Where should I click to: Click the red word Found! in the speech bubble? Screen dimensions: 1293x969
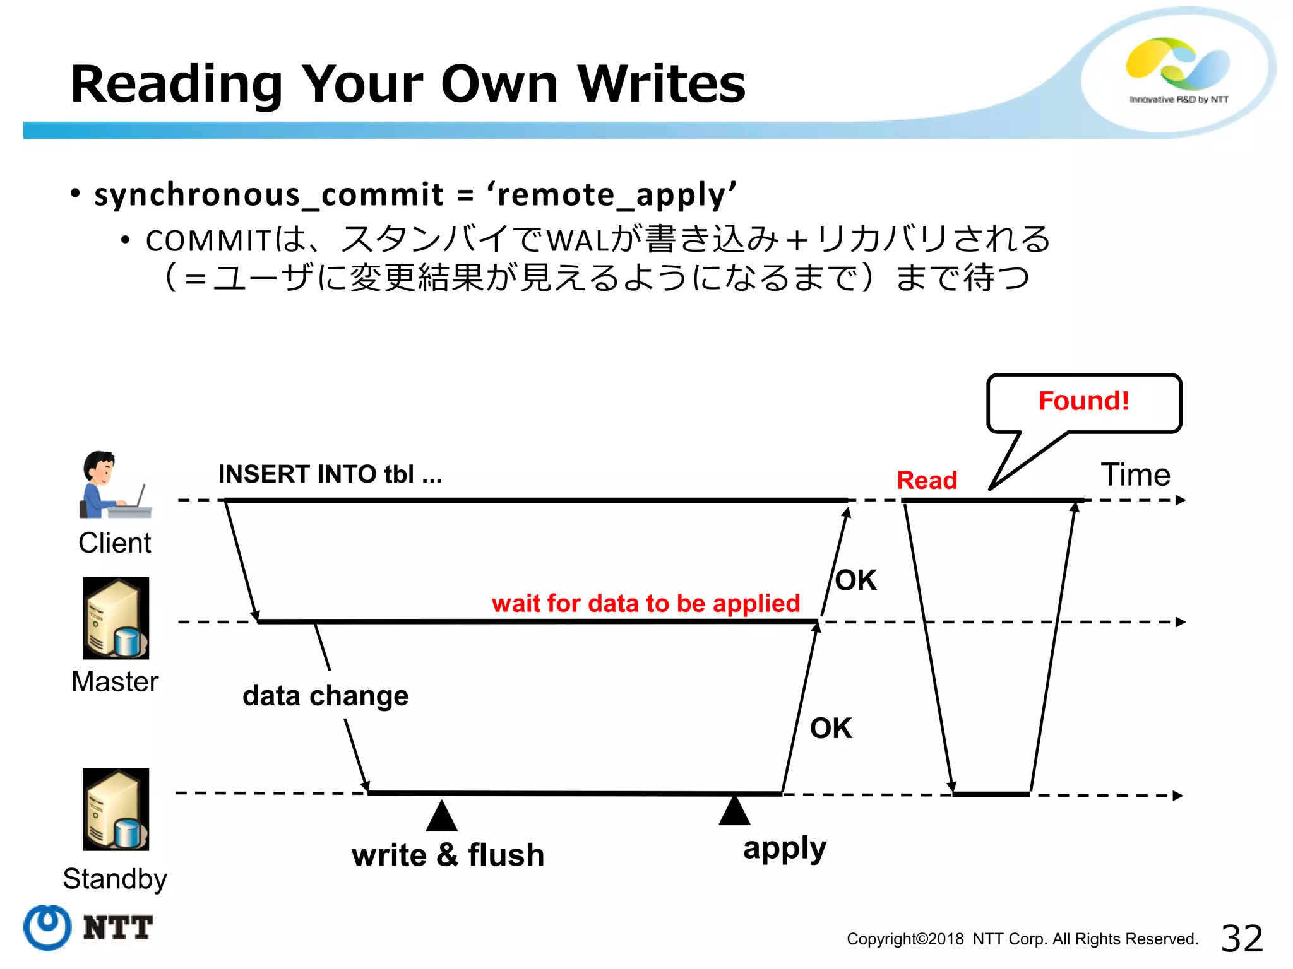(x=1083, y=401)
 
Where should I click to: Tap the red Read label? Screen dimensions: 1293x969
(x=927, y=481)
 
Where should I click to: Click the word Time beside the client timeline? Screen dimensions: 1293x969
(x=1135, y=474)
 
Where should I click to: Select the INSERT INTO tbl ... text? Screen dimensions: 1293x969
(x=330, y=474)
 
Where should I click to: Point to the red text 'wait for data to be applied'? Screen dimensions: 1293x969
(x=645, y=604)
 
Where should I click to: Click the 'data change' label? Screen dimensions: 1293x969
(x=325, y=696)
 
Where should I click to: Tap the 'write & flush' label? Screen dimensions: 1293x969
(x=448, y=855)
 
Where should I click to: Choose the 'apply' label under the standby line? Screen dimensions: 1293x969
(x=784, y=849)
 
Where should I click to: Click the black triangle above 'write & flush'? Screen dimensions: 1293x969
(x=441, y=817)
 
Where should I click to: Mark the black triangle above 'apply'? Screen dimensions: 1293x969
(x=734, y=811)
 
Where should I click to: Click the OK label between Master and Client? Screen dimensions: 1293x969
(x=855, y=580)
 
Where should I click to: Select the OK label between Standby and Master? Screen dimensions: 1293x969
(x=830, y=729)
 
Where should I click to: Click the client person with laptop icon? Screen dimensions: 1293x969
(x=114, y=484)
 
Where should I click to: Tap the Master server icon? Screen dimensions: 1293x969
(x=116, y=618)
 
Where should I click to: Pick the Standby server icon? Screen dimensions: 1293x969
(x=116, y=809)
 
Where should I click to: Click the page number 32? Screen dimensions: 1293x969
(x=1242, y=939)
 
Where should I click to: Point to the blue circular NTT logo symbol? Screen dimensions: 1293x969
(x=47, y=927)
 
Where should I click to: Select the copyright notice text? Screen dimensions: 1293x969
(x=1022, y=939)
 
